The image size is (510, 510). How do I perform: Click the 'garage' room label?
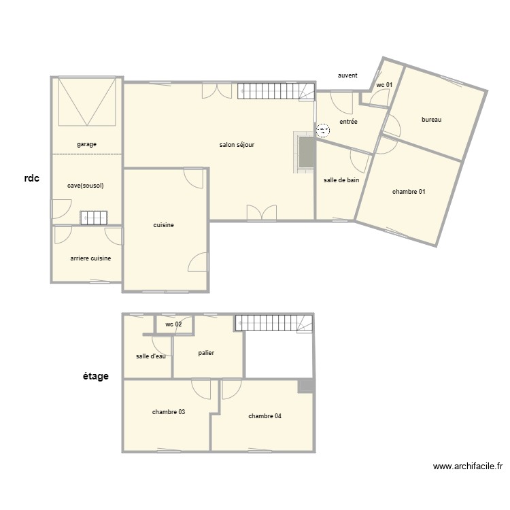coord(86,144)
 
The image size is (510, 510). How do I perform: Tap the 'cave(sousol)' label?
coord(86,185)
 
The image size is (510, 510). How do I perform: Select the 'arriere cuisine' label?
coord(90,258)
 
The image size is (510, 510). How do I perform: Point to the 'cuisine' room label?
coord(163,225)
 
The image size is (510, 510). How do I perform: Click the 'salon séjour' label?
coord(237,145)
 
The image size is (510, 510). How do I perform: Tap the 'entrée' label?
coord(347,122)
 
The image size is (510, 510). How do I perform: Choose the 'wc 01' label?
coord(384,85)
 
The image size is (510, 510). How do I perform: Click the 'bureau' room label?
coord(432,120)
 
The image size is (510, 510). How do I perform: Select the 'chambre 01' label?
coord(409,192)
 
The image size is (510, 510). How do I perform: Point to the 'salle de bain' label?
coord(341,180)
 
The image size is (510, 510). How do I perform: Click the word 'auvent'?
coord(347,75)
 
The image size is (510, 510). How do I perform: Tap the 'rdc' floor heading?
coord(32,179)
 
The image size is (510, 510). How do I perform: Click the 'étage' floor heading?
coord(95,376)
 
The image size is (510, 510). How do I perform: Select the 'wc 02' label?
coord(173,324)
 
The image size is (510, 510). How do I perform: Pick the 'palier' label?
coord(207,353)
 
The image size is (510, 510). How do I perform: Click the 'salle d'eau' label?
coord(150,356)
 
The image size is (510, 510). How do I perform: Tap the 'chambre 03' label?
coord(169,412)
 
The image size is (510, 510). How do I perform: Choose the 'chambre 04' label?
coord(265,416)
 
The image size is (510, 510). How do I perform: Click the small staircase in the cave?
coord(94,218)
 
